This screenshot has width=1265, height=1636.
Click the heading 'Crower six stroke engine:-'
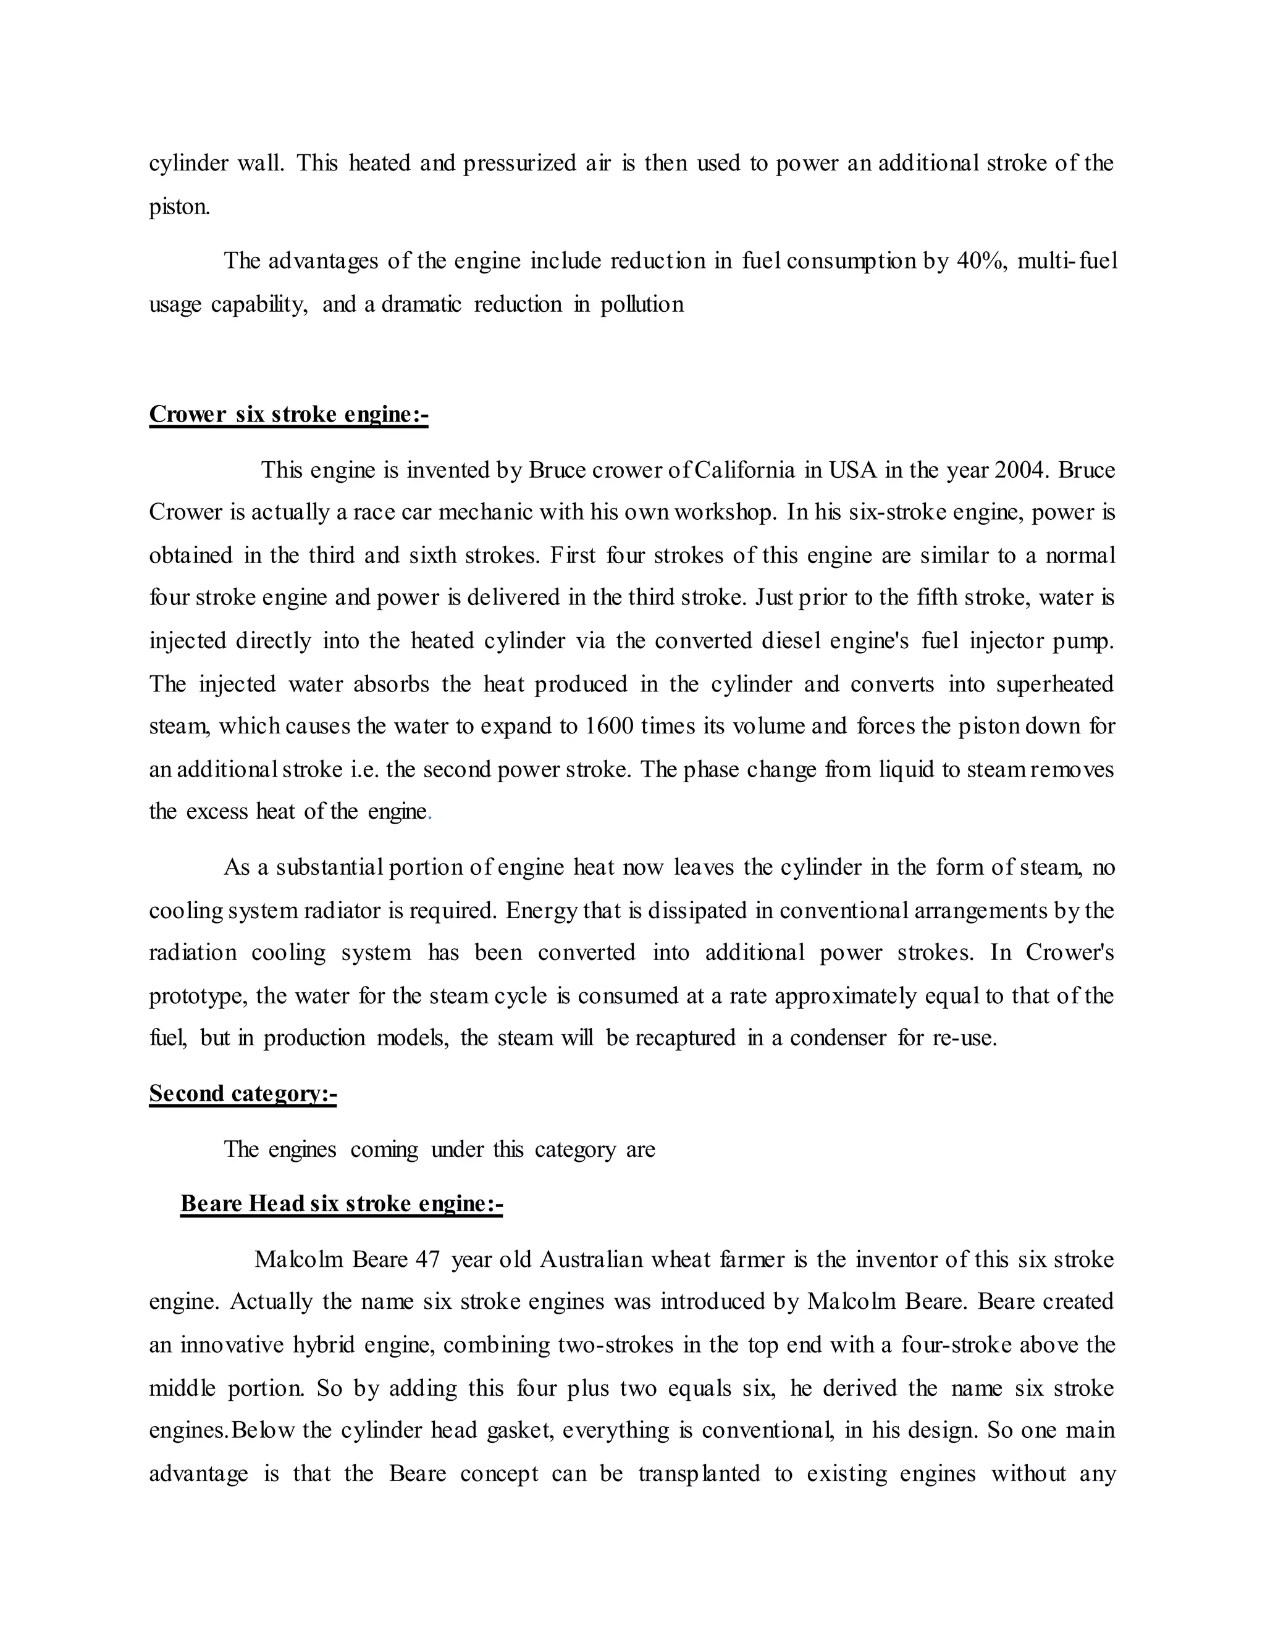(288, 414)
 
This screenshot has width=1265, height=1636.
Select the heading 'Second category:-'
(243, 1094)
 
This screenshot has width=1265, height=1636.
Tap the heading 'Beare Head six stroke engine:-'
(341, 1204)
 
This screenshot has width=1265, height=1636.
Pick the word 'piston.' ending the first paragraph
(180, 207)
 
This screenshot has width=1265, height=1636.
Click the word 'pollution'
(642, 305)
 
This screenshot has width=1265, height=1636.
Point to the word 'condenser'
(838, 1038)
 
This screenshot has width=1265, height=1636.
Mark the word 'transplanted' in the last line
(699, 1474)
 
